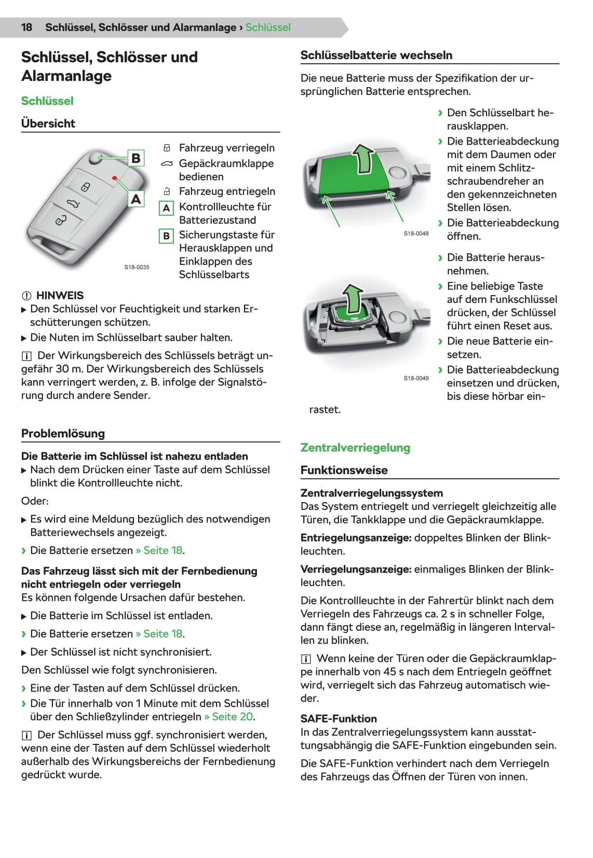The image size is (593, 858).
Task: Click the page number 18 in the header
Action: pos(26,27)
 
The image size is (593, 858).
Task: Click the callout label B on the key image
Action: pos(136,158)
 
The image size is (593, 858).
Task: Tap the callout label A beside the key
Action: pos(136,199)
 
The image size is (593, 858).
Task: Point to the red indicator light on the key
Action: pos(114,178)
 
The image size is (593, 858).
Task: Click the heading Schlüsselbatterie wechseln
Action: pos(376,56)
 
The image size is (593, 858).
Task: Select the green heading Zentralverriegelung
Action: pos(355,448)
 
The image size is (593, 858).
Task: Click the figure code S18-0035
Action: pos(137,267)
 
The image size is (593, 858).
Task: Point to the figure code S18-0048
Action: pos(416,233)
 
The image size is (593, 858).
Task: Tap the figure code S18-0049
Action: pos(416,378)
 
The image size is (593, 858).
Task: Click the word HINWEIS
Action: pos(60,296)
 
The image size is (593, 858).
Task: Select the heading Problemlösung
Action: pos(63,434)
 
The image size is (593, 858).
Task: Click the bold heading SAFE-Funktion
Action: pos(339,719)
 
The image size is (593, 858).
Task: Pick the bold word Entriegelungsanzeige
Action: pos(356,538)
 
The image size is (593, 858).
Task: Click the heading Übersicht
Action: pos(48,123)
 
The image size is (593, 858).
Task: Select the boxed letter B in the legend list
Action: pos(166,236)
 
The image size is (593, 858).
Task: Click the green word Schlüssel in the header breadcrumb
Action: pos(268,27)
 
